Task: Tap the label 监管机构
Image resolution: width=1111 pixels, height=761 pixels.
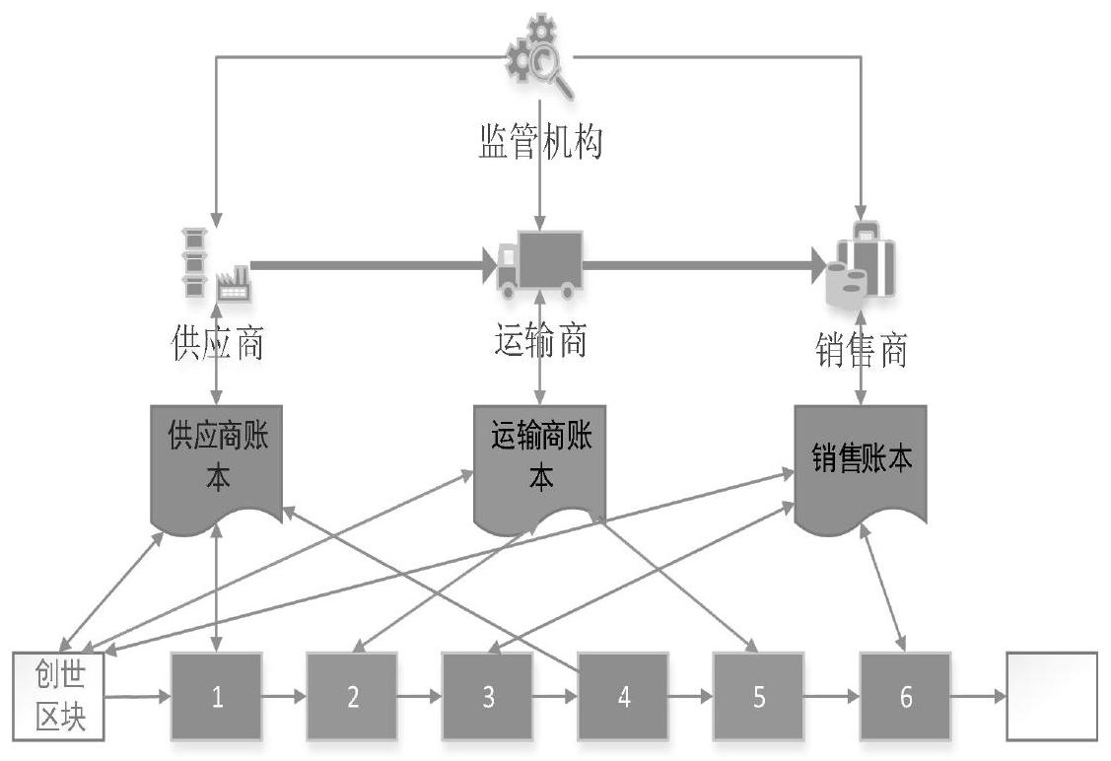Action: point(538,144)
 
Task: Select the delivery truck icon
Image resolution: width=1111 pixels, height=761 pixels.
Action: point(539,261)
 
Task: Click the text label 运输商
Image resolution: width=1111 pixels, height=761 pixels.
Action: point(538,342)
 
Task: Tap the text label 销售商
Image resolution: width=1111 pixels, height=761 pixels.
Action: point(862,350)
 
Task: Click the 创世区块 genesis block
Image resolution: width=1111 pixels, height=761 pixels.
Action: point(56,696)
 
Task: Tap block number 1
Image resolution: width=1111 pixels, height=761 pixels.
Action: point(217,696)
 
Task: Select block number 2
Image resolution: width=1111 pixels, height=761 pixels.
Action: point(352,696)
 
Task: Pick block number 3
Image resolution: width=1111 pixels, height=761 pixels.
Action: point(488,696)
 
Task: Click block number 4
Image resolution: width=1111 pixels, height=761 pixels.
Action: point(623,696)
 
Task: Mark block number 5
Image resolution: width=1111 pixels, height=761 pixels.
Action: point(758,696)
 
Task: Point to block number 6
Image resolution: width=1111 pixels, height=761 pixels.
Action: point(905,696)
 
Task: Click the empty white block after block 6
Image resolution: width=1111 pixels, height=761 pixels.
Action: point(1051,696)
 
